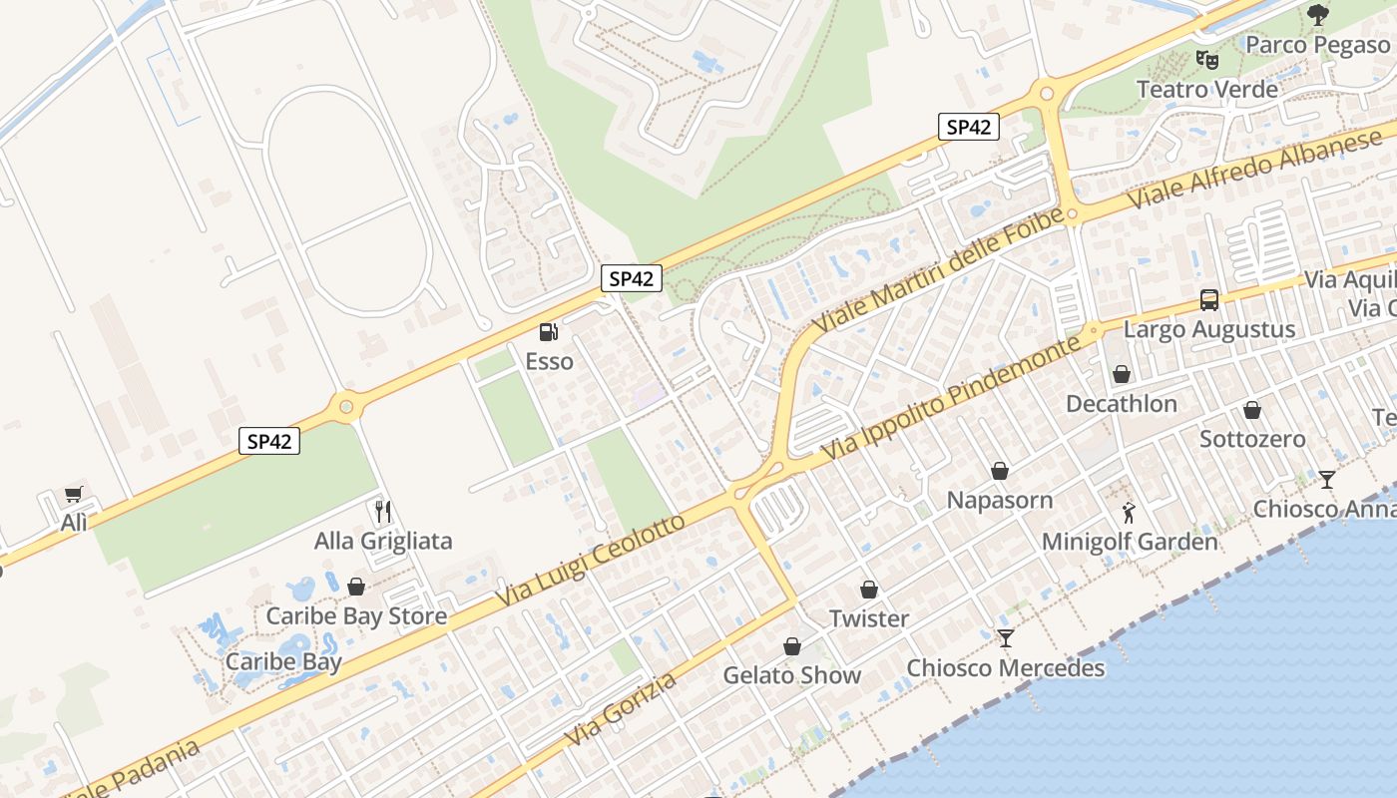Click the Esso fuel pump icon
coord(548,332)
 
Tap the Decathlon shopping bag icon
coord(1122,375)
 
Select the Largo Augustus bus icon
coord(1209,299)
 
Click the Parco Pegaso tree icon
coord(1318,14)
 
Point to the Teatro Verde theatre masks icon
coord(1207,59)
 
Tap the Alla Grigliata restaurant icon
coord(383,512)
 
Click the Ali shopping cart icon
coord(73,494)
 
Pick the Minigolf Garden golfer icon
coord(1129,513)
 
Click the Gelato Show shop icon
coord(792,646)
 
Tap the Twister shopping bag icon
coord(869,590)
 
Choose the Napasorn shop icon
coord(1000,471)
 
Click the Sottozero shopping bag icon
coord(1252,410)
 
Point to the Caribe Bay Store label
coord(356,615)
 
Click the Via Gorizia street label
coord(621,709)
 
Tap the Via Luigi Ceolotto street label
coord(591,561)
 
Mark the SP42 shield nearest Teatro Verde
coord(968,127)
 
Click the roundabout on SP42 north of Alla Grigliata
coord(346,406)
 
